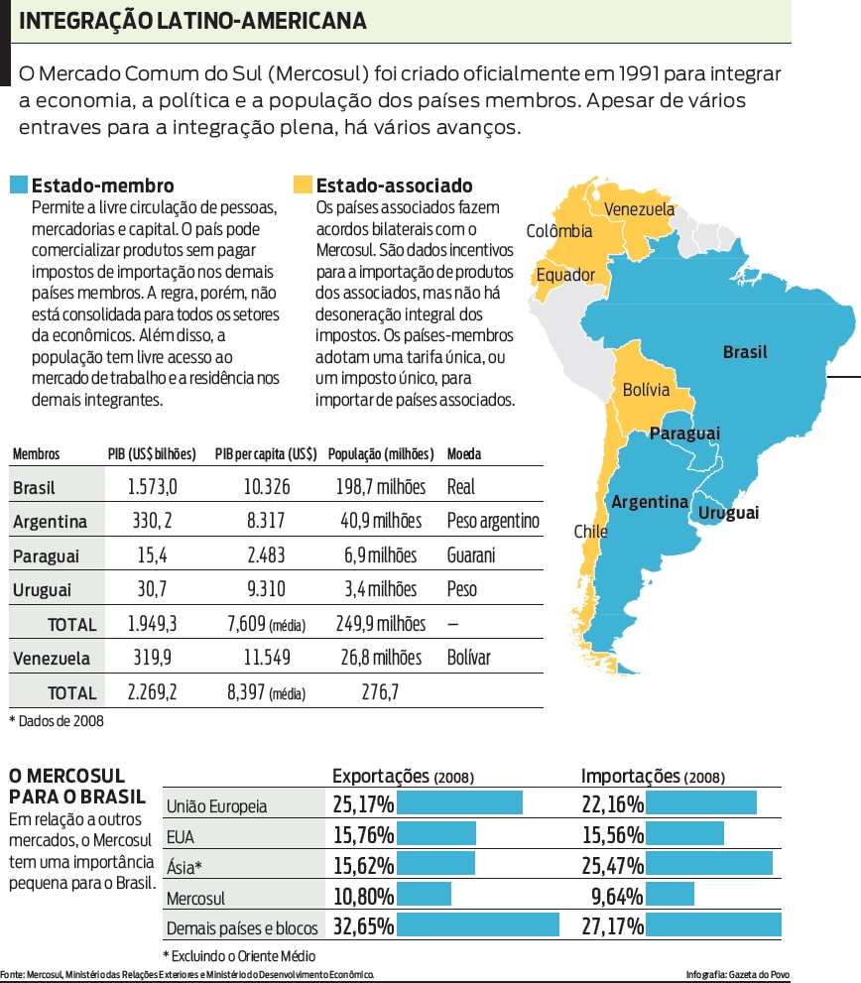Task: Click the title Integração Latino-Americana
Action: [x=192, y=21]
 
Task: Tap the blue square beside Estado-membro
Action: [x=18, y=185]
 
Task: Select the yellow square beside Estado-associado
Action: [x=303, y=185]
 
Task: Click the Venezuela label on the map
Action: [x=639, y=209]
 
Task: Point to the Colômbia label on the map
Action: [x=559, y=231]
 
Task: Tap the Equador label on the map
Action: [x=565, y=275]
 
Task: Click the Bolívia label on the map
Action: [x=646, y=390]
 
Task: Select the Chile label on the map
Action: [x=590, y=532]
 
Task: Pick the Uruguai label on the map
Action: [x=728, y=513]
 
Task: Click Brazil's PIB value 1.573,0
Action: [x=153, y=487]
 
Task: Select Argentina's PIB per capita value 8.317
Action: [x=266, y=521]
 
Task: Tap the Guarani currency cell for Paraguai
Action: [x=471, y=554]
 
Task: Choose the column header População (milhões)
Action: [x=381, y=454]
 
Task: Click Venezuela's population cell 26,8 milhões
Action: [x=382, y=658]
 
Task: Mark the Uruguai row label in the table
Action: [x=42, y=590]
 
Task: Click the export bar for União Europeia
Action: [x=459, y=803]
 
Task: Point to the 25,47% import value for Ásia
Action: [x=612, y=865]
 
